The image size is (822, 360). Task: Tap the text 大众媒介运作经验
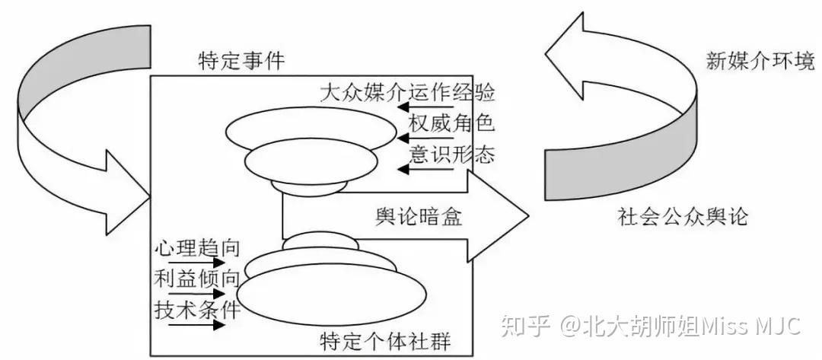pyautogui.click(x=407, y=94)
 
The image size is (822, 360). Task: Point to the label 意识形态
pyautogui.click(x=451, y=155)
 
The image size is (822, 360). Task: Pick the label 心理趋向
pyautogui.click(x=197, y=248)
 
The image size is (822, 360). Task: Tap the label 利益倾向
pyautogui.click(x=197, y=279)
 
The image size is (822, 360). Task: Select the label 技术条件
pyautogui.click(x=197, y=310)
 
